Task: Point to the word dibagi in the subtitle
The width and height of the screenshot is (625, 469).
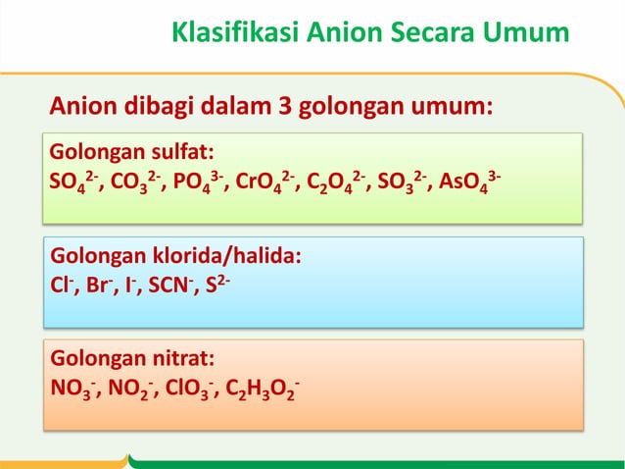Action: coord(168,106)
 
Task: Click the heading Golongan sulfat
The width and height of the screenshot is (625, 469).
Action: coord(132,154)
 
